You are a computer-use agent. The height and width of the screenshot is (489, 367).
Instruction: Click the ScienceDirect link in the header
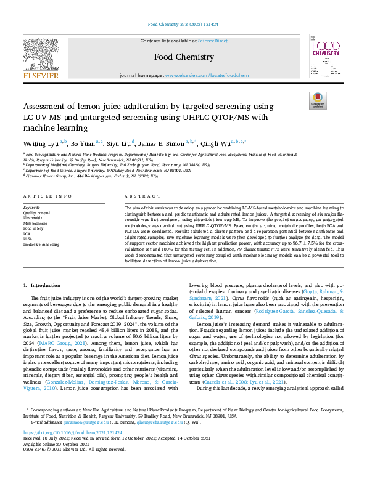pos(212,41)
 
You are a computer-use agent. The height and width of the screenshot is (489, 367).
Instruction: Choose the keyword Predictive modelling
pos(41,244)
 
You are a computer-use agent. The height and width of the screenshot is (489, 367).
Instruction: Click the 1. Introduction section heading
pos(42,286)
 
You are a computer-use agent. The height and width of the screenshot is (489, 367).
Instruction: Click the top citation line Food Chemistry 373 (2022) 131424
pos(183,25)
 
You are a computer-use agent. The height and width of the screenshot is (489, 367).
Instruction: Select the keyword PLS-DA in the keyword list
pos(28,239)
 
